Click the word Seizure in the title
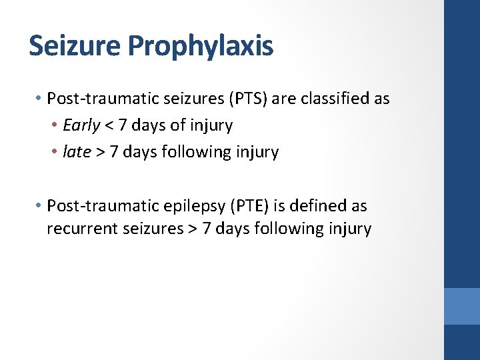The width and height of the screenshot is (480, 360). click(74, 46)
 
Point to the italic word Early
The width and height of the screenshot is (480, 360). click(81, 125)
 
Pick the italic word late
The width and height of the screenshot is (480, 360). click(76, 152)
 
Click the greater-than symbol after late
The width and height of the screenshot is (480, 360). click(100, 153)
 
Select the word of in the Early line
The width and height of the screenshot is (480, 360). click(178, 125)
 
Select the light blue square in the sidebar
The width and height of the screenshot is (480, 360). click(461, 306)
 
